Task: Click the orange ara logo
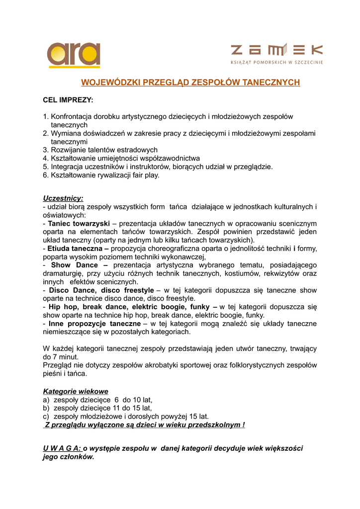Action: click(74, 54)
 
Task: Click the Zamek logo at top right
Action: click(276, 54)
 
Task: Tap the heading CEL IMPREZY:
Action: click(68, 100)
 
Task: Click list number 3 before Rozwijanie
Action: click(46, 150)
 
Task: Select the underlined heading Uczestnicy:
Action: click(63, 198)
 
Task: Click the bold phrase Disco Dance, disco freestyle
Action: click(101, 290)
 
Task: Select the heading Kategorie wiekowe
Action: click(76, 391)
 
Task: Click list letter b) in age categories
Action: click(46, 408)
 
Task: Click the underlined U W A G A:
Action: click(62, 448)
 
